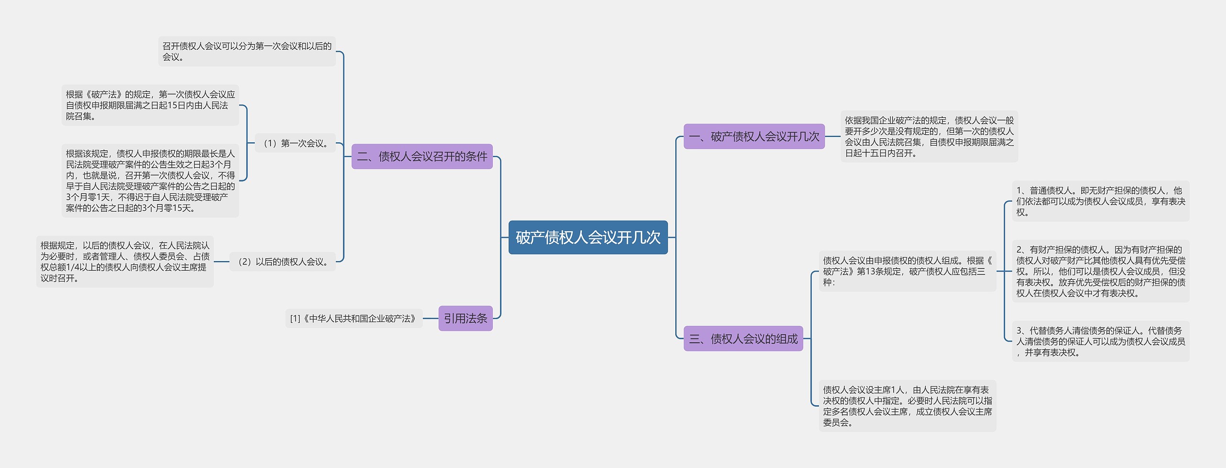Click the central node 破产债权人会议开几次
[588, 237]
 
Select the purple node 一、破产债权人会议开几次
[754, 137]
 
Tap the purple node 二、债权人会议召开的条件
[422, 157]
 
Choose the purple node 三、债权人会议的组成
[743, 339]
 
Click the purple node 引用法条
[465, 318]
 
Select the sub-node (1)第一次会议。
[295, 143]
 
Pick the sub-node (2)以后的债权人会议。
[283, 262]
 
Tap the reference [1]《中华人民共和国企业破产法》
[353, 318]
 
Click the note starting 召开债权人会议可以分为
[247, 51]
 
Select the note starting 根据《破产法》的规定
[150, 105]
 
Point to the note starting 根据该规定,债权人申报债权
[150, 181]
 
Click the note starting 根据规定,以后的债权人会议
[125, 262]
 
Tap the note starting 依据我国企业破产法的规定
[929, 137]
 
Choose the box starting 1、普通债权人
[1100, 201]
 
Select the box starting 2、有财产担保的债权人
[1100, 271]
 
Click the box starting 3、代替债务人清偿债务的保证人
[1100, 341]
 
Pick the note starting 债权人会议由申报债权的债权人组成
[907, 271]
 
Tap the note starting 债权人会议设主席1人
[907, 406]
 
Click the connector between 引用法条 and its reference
[431, 318]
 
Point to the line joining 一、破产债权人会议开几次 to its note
[832, 137]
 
